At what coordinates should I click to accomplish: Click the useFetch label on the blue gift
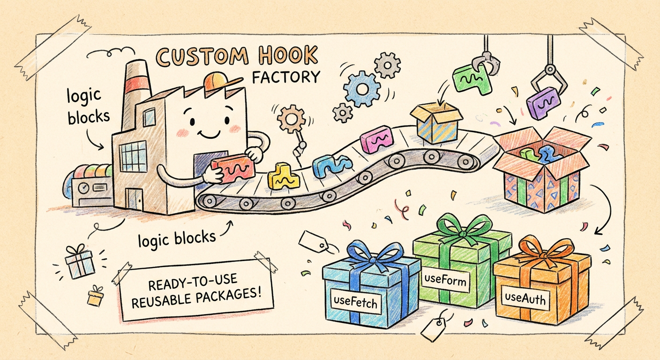(354, 302)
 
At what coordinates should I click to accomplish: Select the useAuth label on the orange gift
(525, 298)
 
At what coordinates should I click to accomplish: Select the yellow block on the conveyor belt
(283, 176)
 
